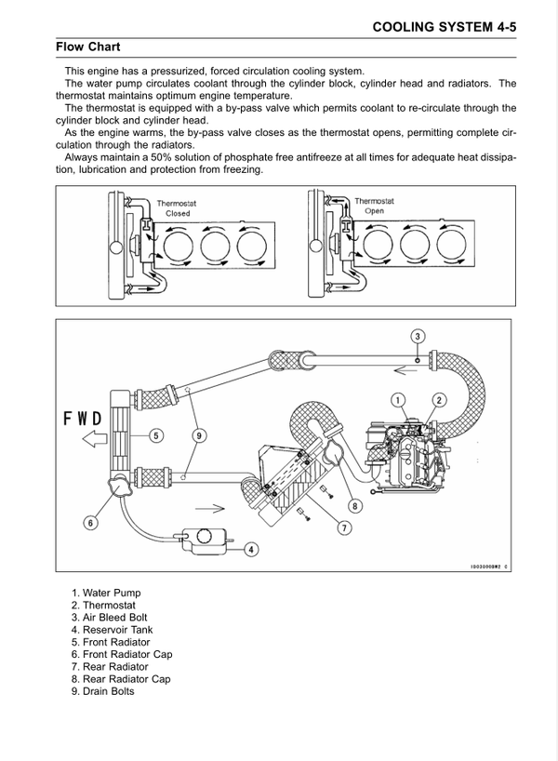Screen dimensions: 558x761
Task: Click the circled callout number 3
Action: click(418, 336)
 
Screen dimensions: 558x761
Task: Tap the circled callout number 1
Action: click(398, 400)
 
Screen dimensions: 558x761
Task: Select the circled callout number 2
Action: click(439, 400)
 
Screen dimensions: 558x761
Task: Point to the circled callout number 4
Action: click(251, 550)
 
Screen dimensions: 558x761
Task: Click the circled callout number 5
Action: click(155, 435)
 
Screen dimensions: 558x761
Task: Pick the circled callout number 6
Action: click(91, 523)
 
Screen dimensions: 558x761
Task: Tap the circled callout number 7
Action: click(344, 527)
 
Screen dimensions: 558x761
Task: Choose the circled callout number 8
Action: click(354, 506)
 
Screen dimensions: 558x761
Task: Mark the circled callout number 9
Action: click(198, 435)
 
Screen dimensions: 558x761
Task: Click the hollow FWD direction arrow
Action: click(95, 439)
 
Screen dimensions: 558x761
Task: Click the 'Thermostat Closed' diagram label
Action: click(177, 208)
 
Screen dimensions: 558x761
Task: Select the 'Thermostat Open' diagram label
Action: click(374, 206)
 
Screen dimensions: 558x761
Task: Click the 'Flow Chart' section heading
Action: click(87, 47)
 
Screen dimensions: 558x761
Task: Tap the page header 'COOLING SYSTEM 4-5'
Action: click(444, 27)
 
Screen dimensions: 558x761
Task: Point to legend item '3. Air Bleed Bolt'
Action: click(109, 618)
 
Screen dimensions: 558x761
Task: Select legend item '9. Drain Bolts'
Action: click(103, 691)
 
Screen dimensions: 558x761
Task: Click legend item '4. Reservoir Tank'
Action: click(113, 630)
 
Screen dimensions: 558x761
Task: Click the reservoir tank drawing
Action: click(205, 541)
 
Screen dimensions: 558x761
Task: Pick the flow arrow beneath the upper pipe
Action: click(405, 371)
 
